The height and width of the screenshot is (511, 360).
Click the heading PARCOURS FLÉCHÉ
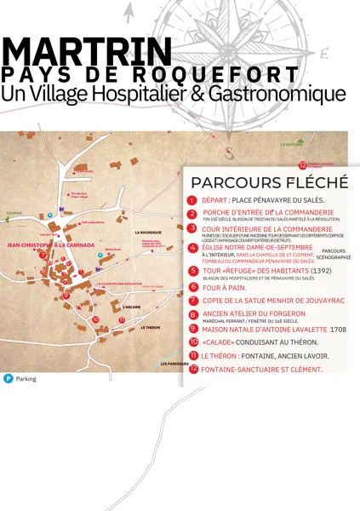pyautogui.click(x=269, y=182)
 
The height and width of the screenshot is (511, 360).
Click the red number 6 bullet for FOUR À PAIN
pyautogui.click(x=193, y=287)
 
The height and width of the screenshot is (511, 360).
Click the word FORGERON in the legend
pyautogui.click(x=287, y=313)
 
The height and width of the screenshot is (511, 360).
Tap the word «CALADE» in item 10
pyautogui.click(x=219, y=342)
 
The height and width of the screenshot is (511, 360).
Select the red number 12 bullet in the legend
pyautogui.click(x=193, y=370)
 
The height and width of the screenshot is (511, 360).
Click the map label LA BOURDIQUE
pyautogui.click(x=148, y=232)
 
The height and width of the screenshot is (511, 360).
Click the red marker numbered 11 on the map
pyautogui.click(x=122, y=321)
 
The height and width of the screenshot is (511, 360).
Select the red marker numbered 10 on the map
pyautogui.click(x=95, y=320)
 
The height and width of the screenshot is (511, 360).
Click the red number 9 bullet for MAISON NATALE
pyautogui.click(x=193, y=328)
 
